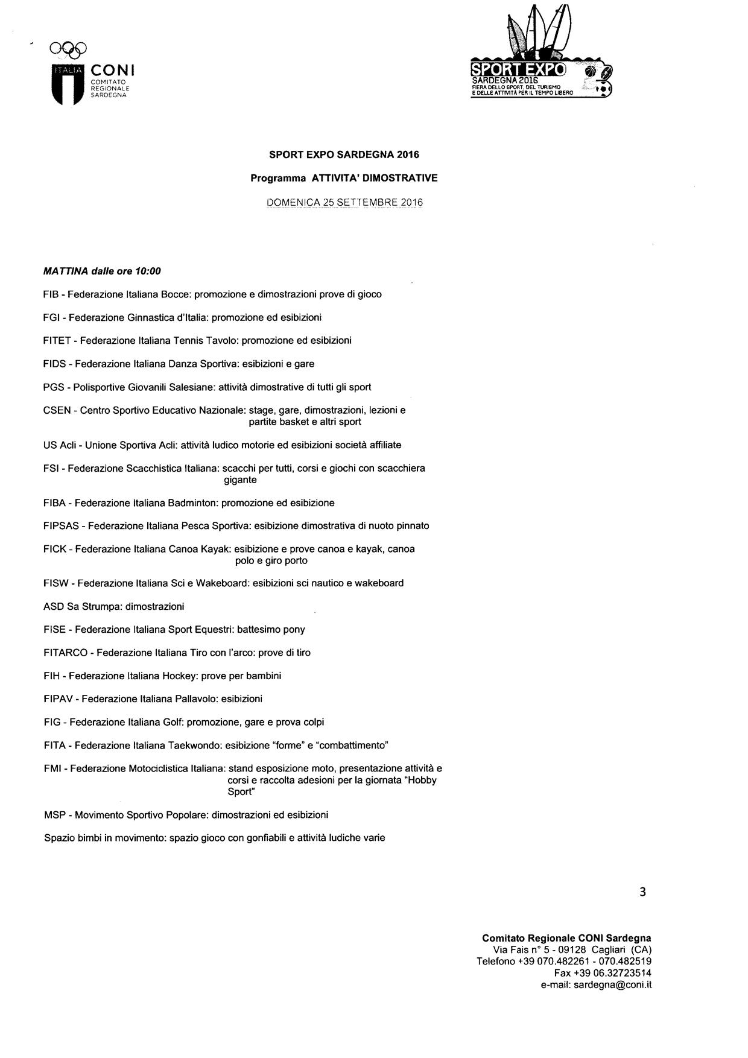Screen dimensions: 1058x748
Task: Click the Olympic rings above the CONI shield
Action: tap(69, 48)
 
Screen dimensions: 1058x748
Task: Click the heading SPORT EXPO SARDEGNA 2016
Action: tap(344, 155)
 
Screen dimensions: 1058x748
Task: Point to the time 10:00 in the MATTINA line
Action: tap(148, 271)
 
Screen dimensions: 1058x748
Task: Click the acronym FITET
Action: tap(56, 341)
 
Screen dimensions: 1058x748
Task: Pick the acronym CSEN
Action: tap(57, 410)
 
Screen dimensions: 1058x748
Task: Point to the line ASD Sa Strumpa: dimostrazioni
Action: tap(114, 606)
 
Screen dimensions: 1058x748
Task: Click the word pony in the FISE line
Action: tap(294, 630)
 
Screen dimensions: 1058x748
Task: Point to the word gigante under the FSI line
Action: tap(240, 480)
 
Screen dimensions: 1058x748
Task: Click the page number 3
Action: tap(642, 892)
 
